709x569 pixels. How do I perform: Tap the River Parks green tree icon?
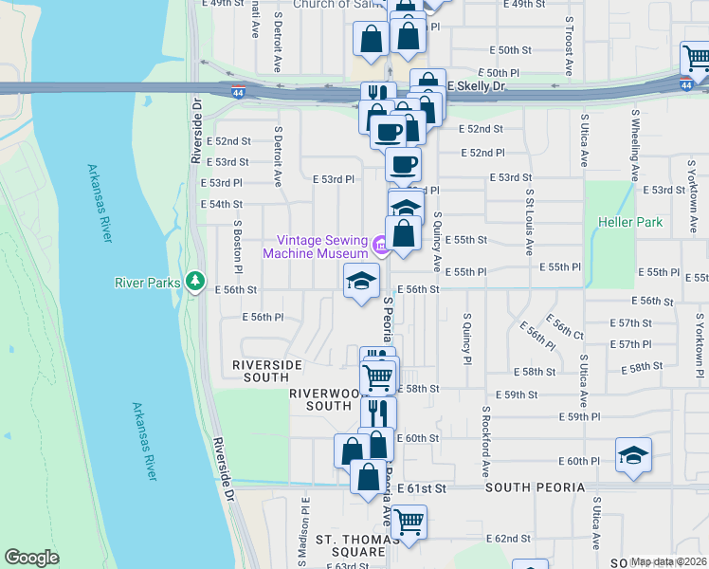click(195, 281)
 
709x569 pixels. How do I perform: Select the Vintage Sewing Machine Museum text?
click(316, 247)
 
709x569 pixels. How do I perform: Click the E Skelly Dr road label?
click(477, 86)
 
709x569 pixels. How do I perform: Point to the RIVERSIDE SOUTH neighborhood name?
click(267, 371)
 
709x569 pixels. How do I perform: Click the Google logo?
click(32, 558)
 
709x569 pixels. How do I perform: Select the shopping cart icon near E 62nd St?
click(409, 522)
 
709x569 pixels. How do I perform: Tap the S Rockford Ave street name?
click(484, 445)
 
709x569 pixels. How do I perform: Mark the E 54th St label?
click(222, 204)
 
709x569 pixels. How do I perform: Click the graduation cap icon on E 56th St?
click(361, 281)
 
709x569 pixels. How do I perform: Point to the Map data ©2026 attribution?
click(669, 561)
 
